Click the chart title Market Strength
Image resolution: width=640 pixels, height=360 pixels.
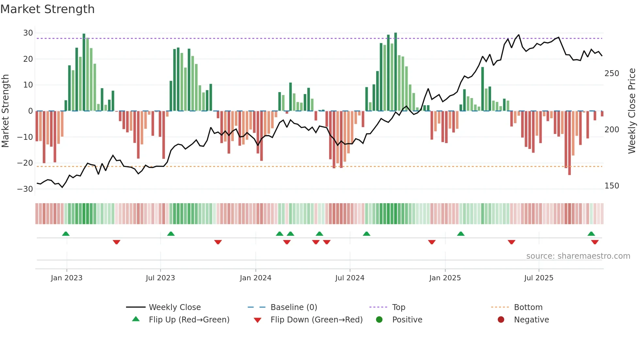47,9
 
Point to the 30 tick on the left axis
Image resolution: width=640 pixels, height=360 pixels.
28,33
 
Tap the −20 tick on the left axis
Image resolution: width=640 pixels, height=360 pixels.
25,163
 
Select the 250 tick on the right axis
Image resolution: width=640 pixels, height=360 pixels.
612,74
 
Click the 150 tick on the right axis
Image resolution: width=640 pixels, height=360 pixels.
612,186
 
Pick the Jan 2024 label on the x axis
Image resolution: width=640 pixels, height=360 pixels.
255,278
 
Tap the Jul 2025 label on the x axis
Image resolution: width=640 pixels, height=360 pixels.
538,278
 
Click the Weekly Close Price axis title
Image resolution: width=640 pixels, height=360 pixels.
632,111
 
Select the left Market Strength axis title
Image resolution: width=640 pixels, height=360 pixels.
5,111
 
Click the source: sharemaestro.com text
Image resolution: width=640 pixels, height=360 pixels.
578,256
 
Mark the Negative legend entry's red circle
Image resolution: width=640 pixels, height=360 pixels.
501,320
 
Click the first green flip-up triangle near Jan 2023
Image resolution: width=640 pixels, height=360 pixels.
66,234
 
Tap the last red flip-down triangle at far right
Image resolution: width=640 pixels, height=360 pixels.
595,242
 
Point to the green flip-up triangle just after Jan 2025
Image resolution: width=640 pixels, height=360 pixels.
461,234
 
